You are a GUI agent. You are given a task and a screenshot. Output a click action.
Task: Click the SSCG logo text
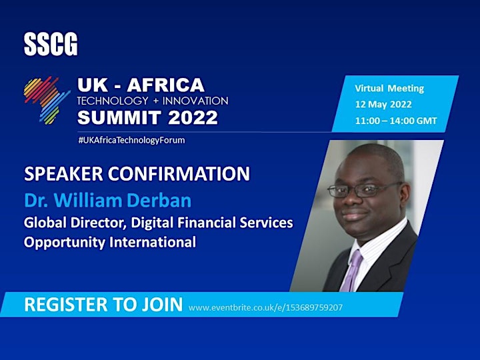51,45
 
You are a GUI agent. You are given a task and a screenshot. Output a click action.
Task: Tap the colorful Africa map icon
47,100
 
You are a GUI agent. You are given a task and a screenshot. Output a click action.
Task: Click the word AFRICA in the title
165,85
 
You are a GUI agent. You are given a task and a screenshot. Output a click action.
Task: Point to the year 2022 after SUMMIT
193,117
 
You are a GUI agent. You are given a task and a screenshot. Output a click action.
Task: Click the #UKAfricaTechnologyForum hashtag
131,140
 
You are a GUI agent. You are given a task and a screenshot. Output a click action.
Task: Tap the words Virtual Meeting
389,89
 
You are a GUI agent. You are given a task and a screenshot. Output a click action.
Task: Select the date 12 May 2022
383,105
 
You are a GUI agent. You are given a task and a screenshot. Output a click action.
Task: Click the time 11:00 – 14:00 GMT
396,121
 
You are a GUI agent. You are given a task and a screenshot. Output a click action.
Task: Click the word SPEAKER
63,173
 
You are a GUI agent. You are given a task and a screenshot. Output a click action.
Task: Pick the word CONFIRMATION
179,173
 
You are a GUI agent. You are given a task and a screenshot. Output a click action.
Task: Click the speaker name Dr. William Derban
108,201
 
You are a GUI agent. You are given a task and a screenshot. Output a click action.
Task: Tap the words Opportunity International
110,242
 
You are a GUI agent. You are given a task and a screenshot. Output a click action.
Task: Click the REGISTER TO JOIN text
103,305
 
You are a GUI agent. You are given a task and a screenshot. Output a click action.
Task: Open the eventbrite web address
265,307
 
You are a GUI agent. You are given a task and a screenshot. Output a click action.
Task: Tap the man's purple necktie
352,271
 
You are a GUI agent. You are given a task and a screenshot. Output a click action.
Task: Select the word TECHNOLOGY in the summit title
113,101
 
